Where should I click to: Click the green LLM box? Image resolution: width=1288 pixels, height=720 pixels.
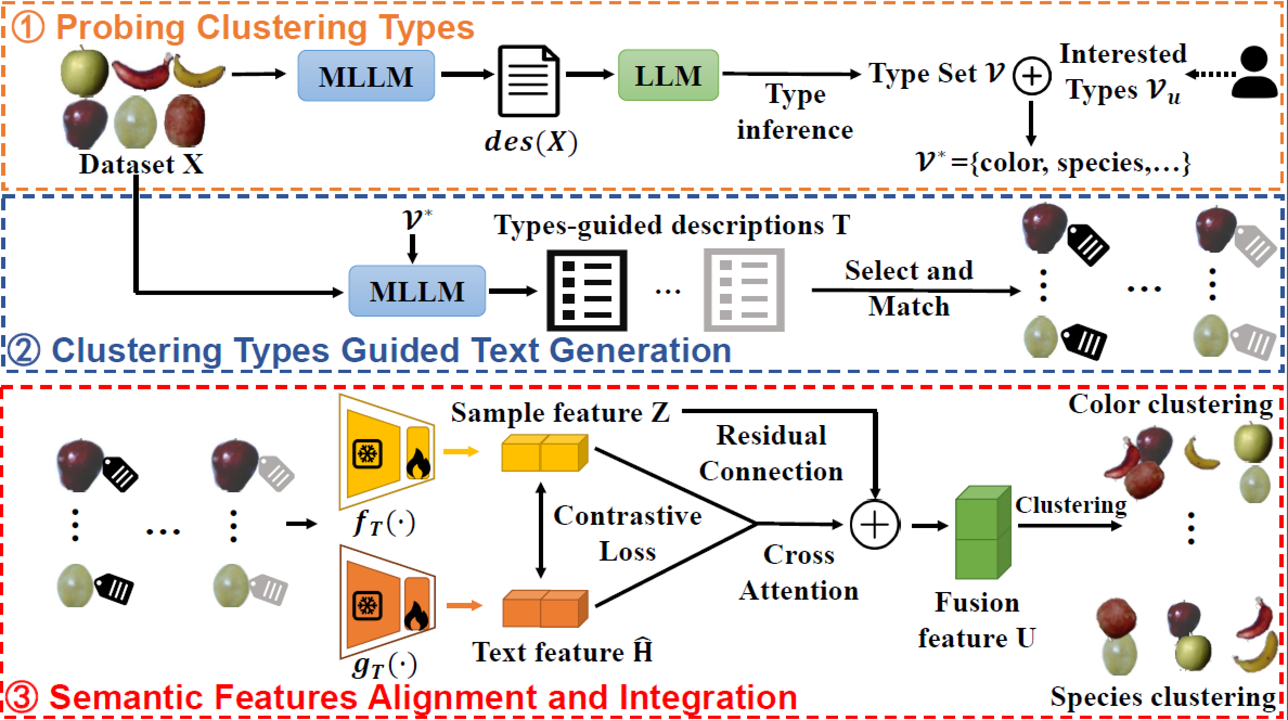[x=668, y=75]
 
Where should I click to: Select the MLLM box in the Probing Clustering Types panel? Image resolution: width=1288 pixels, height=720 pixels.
[x=366, y=76]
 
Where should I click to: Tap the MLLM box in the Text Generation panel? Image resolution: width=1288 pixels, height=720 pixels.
[x=417, y=291]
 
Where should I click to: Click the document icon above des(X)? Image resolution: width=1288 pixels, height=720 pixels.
[x=529, y=81]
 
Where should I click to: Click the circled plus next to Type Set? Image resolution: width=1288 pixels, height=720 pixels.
[x=1032, y=76]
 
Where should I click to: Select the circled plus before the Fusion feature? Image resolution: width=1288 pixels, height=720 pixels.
[x=874, y=524]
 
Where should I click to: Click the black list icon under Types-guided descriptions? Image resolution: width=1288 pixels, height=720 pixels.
[x=587, y=291]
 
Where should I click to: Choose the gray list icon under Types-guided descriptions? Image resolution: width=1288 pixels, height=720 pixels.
[x=744, y=291]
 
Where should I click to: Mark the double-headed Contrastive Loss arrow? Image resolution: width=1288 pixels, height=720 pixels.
[x=540, y=530]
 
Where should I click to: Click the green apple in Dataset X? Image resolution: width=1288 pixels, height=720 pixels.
[x=84, y=72]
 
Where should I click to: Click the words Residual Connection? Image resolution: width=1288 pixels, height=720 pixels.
[x=771, y=453]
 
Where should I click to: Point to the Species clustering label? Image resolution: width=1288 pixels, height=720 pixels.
[x=1162, y=697]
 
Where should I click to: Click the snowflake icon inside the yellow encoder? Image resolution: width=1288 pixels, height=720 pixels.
[x=367, y=454]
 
